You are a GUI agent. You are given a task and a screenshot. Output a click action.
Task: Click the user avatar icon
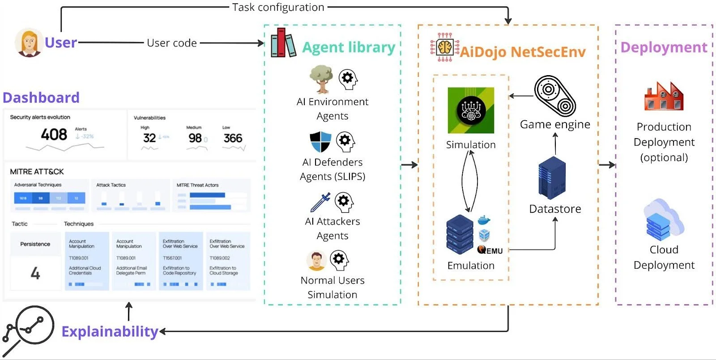point(29,43)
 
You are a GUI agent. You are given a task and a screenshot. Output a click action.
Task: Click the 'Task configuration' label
point(278,7)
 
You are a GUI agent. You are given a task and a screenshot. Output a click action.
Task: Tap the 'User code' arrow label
point(172,43)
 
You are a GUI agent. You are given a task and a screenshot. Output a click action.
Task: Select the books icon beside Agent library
point(283,43)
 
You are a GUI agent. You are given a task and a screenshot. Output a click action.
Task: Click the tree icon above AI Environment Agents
point(321,79)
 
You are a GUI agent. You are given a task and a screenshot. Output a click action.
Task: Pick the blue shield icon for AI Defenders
point(320,141)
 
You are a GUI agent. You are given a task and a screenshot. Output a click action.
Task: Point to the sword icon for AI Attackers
point(320,202)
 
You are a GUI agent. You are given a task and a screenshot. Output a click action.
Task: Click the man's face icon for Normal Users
point(316,261)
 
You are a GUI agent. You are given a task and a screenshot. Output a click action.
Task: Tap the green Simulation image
point(471,110)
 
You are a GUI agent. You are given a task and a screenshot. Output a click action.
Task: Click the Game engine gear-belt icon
point(555,96)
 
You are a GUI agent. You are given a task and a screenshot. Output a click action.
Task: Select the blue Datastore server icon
point(552,178)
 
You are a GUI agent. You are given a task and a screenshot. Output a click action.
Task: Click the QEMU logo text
point(490,250)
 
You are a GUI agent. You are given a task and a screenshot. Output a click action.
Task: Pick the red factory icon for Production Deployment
point(664,96)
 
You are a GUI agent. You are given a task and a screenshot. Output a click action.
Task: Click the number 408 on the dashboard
point(54,134)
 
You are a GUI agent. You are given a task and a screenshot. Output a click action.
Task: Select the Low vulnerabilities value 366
point(233,138)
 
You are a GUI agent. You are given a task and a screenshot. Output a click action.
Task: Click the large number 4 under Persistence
point(35,273)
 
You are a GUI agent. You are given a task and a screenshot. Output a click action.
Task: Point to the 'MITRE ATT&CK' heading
point(37,171)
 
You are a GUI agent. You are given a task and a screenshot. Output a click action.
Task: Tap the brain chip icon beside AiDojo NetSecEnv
point(444,47)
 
